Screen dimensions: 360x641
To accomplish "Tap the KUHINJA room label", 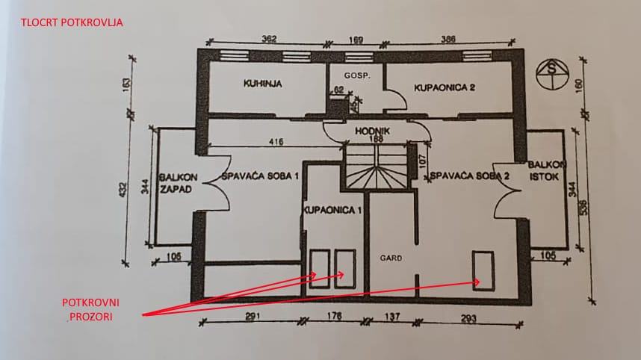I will coord(261,84).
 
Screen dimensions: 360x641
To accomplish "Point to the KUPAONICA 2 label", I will coord(445,87).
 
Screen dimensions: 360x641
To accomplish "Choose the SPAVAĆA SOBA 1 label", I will coord(261,177).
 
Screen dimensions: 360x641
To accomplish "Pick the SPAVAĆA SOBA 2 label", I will coord(469,177).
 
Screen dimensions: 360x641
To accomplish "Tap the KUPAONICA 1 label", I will coord(332,211).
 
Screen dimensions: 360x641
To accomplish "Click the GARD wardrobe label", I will coord(391,258).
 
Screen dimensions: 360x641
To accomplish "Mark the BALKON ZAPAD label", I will coord(177,183).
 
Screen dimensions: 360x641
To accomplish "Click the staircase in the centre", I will coord(377,168).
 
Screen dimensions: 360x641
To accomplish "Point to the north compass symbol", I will coord(553,72).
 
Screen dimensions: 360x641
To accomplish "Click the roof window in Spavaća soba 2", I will coord(483,269).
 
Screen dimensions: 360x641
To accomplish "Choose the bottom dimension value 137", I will coord(391,317).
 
